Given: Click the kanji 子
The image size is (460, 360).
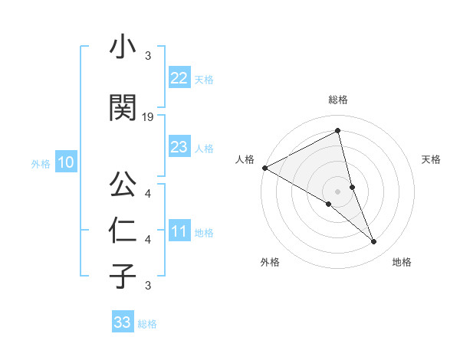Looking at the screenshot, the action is click(122, 275).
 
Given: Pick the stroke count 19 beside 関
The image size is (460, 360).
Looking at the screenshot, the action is click(148, 116).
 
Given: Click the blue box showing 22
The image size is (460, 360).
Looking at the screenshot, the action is click(179, 78).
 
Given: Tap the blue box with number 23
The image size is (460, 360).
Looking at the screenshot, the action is click(179, 147).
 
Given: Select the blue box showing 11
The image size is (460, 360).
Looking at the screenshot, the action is click(179, 231).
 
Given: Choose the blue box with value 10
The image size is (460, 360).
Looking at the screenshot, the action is click(65, 162).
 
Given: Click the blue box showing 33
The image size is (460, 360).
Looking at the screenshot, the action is click(123, 322).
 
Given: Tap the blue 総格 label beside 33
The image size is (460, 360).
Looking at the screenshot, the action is click(147, 324).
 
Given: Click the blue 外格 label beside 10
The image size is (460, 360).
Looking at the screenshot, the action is click(41, 163).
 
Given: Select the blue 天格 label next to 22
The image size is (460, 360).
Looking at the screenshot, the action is click(203, 79).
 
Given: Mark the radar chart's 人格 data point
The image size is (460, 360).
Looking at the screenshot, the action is click(264, 168).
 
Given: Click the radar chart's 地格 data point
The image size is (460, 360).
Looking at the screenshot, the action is click(374, 242).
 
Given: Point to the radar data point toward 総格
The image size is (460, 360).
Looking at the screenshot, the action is click(338, 131).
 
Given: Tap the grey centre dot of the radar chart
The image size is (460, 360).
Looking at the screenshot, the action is click(338, 191).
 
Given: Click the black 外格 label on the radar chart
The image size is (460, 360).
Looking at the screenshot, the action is click(270, 262).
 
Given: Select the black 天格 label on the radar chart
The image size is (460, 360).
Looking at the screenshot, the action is click(432, 159).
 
